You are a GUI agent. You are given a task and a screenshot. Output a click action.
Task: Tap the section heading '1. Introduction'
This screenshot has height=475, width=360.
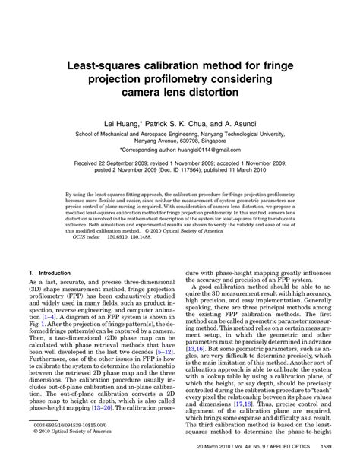click(x=49, y=271)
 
